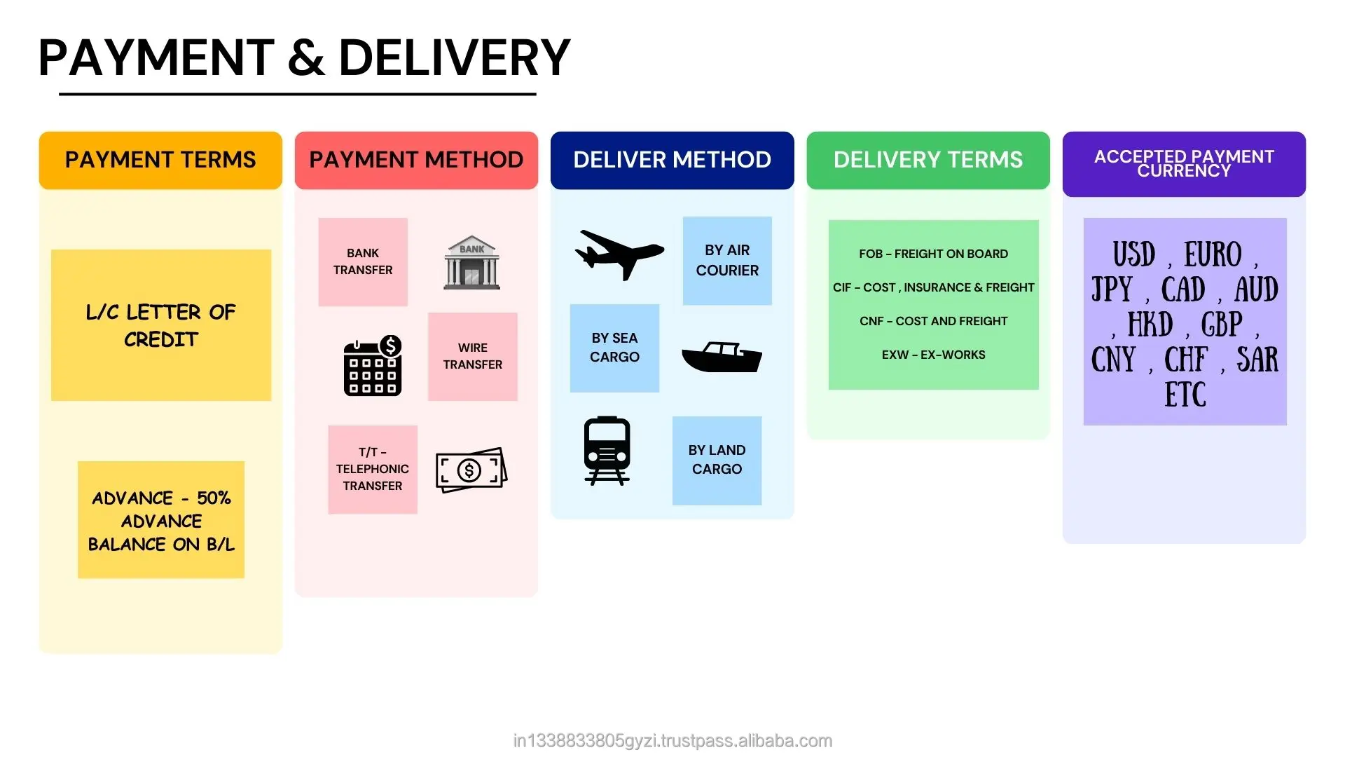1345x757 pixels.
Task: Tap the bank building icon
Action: pos(471,263)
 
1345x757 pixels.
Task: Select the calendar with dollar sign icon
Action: pos(373,365)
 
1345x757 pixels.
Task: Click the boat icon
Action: pos(722,357)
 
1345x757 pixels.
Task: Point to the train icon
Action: pos(607,451)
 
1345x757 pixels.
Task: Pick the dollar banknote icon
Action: pos(471,470)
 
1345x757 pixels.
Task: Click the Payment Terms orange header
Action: pos(160,160)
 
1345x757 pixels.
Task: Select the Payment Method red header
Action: pos(416,160)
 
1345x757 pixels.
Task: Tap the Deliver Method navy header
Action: pos(672,160)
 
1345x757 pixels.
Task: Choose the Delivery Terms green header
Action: pos(927,160)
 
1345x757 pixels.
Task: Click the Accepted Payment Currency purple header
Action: pos(1183,163)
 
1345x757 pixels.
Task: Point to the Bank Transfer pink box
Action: pos(363,261)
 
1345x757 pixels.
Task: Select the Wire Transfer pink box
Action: pos(472,356)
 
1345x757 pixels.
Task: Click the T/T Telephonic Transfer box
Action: pos(372,469)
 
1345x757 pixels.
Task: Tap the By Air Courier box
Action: pos(727,260)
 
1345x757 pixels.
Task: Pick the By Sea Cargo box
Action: pos(614,348)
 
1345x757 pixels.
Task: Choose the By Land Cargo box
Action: pos(717,460)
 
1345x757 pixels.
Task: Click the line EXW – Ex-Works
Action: pos(933,355)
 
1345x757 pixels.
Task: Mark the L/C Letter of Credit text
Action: pos(160,325)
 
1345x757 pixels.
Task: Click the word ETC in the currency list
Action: pos(1185,395)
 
